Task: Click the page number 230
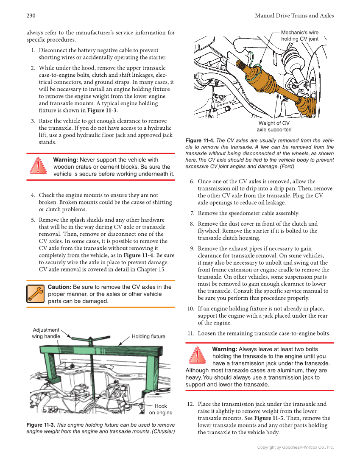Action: click(x=31, y=16)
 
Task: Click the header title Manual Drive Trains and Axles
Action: click(x=294, y=16)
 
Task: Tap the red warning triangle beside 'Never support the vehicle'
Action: click(x=39, y=166)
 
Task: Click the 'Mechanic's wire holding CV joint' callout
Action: click(x=300, y=36)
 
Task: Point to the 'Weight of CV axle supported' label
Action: click(x=274, y=126)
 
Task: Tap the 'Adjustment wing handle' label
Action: click(x=46, y=333)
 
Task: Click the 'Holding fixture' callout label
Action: click(x=148, y=337)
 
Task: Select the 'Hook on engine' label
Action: click(x=161, y=409)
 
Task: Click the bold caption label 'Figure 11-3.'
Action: click(x=41, y=425)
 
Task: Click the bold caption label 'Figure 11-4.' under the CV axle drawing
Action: click(x=200, y=140)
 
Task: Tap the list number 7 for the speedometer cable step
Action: click(x=192, y=213)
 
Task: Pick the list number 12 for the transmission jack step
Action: click(x=190, y=404)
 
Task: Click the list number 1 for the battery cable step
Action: click(x=33, y=50)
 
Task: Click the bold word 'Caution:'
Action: click(x=59, y=287)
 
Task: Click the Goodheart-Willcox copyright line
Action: click(x=296, y=447)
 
